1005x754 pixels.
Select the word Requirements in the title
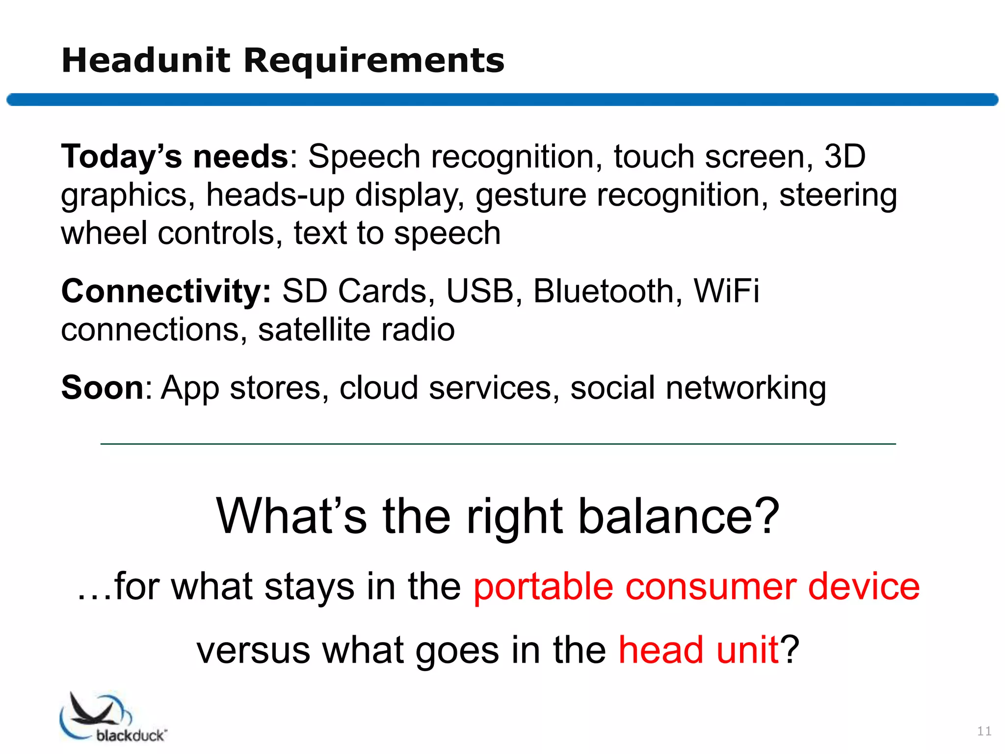374,61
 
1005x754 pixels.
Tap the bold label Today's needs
175,157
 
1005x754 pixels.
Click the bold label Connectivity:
166,291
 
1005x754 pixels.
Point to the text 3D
845,157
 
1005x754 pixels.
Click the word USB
479,291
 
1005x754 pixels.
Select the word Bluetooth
603,291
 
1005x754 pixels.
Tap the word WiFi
726,291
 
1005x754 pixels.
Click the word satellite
314,329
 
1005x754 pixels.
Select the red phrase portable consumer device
696,587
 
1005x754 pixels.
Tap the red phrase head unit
698,650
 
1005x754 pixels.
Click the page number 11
984,731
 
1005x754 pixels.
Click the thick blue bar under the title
502,100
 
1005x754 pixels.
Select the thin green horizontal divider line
498,444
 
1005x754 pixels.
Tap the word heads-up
275,195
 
